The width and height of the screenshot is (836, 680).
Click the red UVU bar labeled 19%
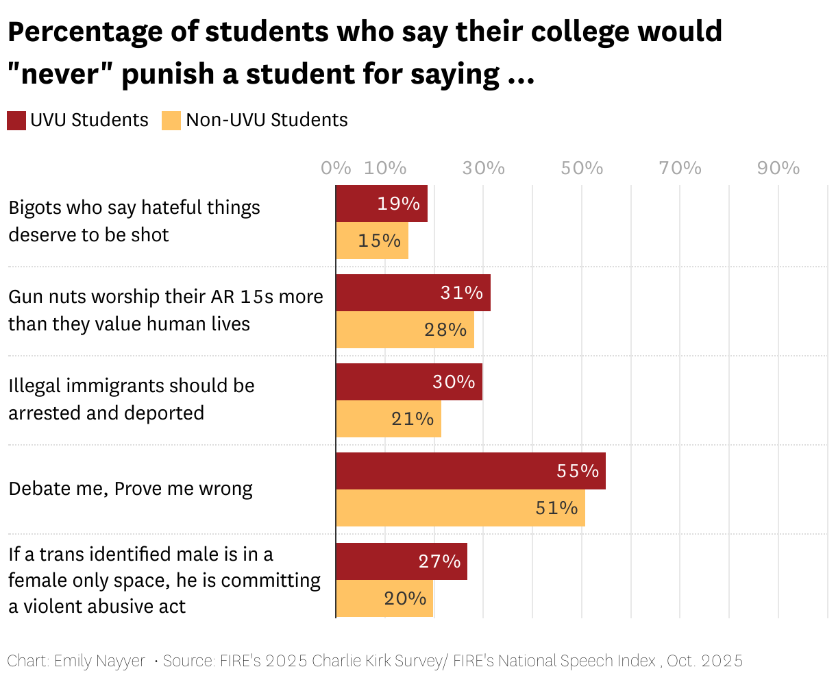[382, 204]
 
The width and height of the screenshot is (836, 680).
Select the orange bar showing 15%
[372, 241]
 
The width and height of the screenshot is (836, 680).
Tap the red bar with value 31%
[413, 293]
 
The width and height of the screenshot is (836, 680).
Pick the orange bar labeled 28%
[405, 330]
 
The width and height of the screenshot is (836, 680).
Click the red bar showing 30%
[409, 382]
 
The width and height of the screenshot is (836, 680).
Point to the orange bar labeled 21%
[389, 419]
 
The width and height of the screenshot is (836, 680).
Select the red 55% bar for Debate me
[471, 471]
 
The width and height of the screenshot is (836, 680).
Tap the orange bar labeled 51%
[460, 508]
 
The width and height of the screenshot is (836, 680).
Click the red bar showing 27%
[402, 561]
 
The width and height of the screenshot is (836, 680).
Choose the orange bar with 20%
[384, 598]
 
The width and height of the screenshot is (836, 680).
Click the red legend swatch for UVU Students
[16, 121]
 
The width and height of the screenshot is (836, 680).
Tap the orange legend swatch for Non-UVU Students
[171, 121]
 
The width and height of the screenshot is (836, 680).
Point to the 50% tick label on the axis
[582, 168]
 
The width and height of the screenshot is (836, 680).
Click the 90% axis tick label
[778, 168]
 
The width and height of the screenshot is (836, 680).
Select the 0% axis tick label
[336, 168]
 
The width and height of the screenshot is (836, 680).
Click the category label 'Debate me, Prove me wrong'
[130, 489]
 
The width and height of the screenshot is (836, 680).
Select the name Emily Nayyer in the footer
[99, 661]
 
